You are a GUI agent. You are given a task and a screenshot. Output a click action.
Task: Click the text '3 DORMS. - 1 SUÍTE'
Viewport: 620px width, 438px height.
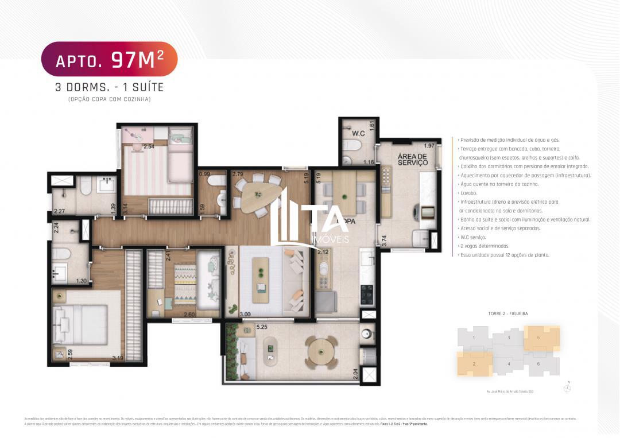point(109,87)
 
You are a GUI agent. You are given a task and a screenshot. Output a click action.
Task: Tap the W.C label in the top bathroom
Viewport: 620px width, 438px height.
point(358,134)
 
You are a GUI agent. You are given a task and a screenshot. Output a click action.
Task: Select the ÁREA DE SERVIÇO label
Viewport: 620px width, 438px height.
point(412,159)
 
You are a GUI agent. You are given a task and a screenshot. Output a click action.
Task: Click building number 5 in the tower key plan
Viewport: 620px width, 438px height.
point(538,338)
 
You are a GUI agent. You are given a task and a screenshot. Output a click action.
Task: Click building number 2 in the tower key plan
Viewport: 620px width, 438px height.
point(474,364)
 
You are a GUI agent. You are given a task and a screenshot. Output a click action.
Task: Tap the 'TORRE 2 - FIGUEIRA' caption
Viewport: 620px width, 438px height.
point(507,313)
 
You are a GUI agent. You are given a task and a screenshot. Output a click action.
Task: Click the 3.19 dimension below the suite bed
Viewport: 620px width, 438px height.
point(118,358)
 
